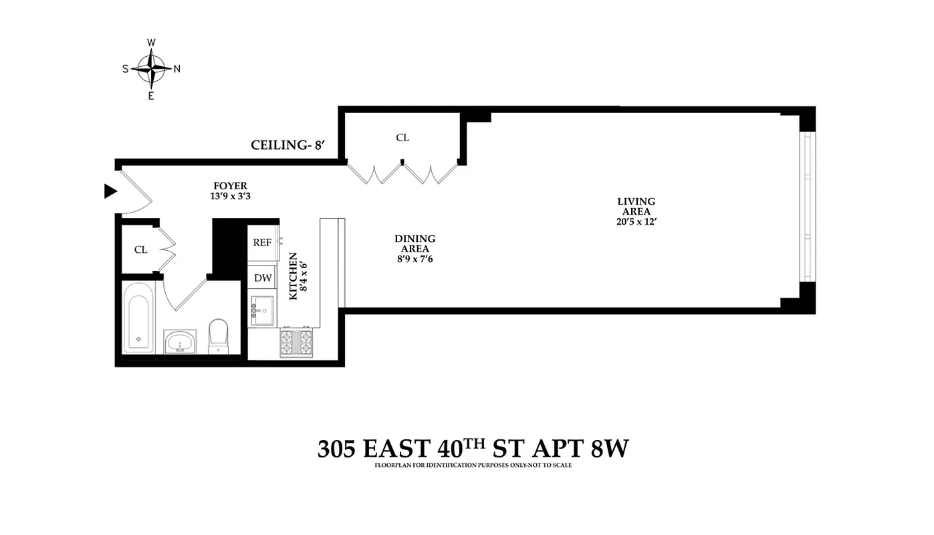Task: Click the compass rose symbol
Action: [x=151, y=68]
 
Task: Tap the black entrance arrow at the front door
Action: [x=110, y=192]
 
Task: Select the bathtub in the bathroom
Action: [x=139, y=317]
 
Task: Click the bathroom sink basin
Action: [x=180, y=342]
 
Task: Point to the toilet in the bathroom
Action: [x=219, y=336]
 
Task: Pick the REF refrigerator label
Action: [x=262, y=243]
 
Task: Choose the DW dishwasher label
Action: [x=262, y=278]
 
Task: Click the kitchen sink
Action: [x=263, y=311]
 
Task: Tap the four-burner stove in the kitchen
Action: [x=296, y=342]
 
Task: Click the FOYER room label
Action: [x=230, y=186]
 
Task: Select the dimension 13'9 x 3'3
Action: [x=230, y=197]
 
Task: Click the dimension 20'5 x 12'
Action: [x=636, y=221]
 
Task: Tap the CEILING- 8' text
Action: [x=287, y=145]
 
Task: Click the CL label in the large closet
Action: [x=402, y=138]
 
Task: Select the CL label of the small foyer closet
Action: [x=140, y=249]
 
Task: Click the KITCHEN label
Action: [x=293, y=276]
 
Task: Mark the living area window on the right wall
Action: [x=806, y=208]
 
